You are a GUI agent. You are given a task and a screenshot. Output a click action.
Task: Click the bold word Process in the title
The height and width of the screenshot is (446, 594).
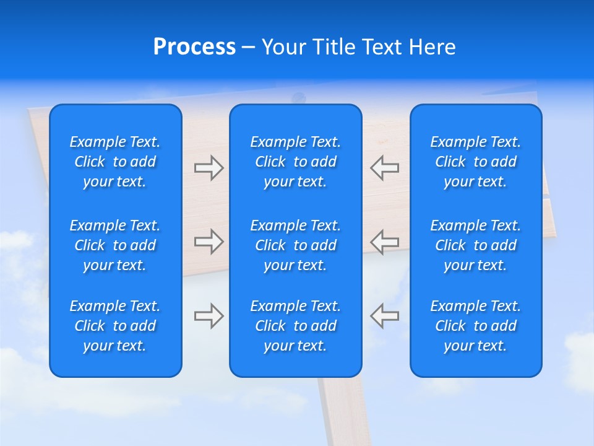pos(194,47)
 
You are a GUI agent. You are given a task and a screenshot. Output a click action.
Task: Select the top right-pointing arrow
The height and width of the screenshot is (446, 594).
pos(209,168)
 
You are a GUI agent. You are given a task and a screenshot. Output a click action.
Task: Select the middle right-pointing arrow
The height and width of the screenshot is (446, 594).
pos(209,242)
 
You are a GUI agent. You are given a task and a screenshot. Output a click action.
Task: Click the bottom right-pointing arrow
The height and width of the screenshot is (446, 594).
pos(209,315)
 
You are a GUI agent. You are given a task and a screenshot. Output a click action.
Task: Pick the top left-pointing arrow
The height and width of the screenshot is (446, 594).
pos(384,168)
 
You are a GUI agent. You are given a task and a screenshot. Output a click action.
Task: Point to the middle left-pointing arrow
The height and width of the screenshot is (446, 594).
pos(384,242)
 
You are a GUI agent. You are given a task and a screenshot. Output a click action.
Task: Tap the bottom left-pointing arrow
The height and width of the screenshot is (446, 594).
pos(384,315)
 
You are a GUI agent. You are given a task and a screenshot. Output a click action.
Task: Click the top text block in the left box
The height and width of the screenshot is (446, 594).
pos(115,162)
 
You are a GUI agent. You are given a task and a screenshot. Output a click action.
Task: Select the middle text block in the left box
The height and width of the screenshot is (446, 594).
pos(115,245)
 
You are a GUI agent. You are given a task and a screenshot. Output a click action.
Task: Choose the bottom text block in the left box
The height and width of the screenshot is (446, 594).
pos(115,326)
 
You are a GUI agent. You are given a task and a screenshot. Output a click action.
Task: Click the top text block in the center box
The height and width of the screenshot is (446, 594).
pos(295,162)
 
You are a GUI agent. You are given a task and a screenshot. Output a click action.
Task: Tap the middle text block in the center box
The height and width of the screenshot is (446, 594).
pos(295,245)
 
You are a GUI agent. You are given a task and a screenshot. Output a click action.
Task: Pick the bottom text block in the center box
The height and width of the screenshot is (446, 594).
pos(295,326)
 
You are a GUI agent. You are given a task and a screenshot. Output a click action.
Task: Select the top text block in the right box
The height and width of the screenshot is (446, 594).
pos(475,162)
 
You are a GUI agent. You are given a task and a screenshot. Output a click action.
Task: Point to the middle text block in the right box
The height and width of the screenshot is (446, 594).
pos(475,245)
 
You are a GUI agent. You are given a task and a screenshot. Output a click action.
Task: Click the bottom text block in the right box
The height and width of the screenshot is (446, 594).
pos(475,326)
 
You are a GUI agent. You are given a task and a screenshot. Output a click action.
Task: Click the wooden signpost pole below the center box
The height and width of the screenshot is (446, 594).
pos(344,412)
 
